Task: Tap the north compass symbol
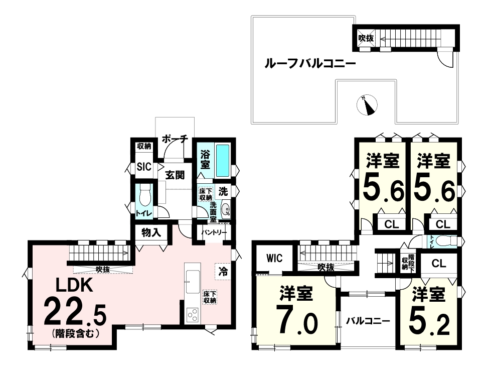coord(367,105)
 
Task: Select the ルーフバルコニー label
coord(309,64)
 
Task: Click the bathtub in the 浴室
coord(223,161)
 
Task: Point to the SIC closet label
coord(144,167)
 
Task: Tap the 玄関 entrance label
coord(175,175)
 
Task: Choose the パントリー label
coord(214,232)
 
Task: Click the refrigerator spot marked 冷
coord(223,272)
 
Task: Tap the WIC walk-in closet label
coord(274,258)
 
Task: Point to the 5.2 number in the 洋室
coord(429,325)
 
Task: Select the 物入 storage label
coord(151,232)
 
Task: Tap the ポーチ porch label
coord(175,139)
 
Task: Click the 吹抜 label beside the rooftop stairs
coord(366,38)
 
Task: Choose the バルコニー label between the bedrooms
coord(368,321)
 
